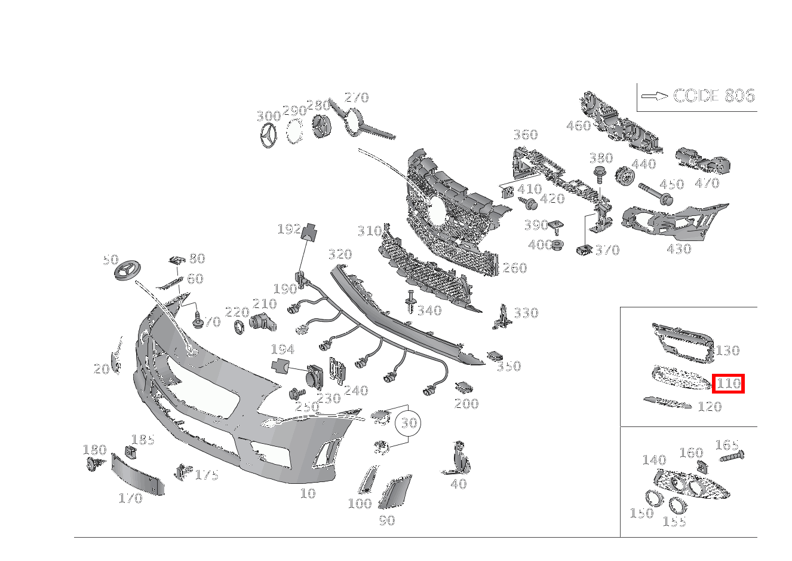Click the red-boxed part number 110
pos(728,383)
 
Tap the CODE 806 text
pos(714,96)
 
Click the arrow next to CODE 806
pos(654,96)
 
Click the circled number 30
pos(409,423)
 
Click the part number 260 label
pos(514,268)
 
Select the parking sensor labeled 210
pos(263,322)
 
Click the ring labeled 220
pos(239,327)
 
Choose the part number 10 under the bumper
pos(308,493)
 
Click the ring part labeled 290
pos(294,132)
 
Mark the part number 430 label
pos(679,249)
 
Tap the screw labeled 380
pos(598,175)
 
